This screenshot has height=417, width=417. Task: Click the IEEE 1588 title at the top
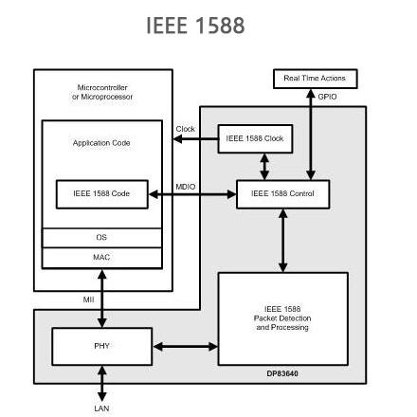coord(196,26)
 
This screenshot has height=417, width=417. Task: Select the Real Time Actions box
coord(315,79)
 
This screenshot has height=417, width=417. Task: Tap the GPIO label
coord(327,97)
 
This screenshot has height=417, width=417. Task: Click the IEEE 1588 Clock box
coord(254,138)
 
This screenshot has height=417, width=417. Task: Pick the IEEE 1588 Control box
coord(282,193)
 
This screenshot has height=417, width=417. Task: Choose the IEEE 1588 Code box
coord(101,193)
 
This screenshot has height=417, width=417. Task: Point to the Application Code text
coord(101,143)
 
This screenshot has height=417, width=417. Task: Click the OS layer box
coord(101,237)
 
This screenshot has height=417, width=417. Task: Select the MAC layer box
coord(101,256)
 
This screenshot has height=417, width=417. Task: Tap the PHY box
coord(101,346)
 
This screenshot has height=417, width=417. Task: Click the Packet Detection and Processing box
coord(282,318)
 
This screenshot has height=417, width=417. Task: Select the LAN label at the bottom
coord(101,408)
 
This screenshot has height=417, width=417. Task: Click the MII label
coord(88,299)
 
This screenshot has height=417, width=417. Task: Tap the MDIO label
coord(186,187)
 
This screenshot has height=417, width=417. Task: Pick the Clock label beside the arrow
coord(185,129)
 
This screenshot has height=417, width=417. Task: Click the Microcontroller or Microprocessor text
coord(102,92)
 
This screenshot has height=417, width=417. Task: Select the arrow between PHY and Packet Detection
coord(185,346)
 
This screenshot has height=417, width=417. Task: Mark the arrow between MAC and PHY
coord(102,298)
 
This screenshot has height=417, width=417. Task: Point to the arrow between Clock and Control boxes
coord(263,166)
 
